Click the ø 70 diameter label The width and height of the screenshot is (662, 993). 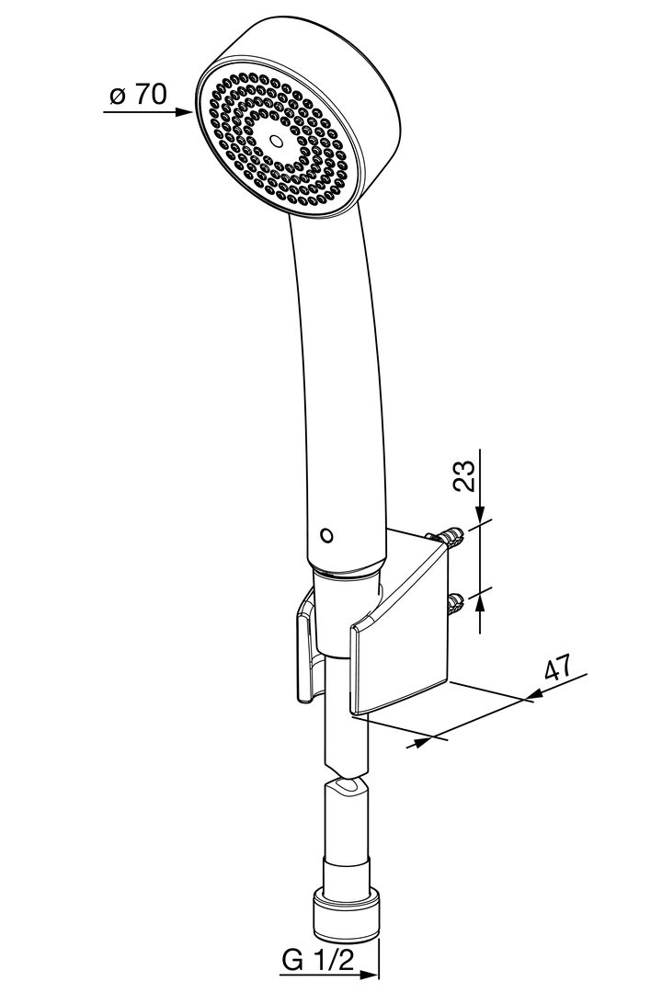click(138, 95)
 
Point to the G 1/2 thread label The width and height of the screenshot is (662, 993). click(317, 961)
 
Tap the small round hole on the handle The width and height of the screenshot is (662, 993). click(324, 534)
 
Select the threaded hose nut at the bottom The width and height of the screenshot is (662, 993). click(347, 914)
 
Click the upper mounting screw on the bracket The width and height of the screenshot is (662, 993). click(450, 536)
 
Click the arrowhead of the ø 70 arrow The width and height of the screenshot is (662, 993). click(188, 113)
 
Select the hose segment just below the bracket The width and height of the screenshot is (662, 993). click(347, 740)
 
